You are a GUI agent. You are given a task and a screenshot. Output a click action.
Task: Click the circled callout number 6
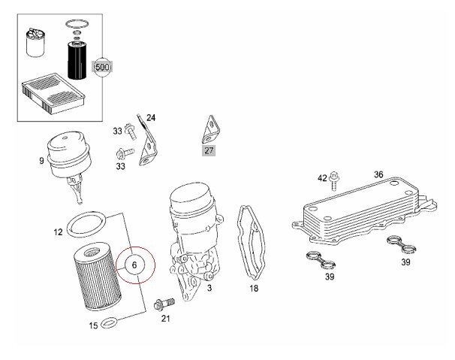click(134, 265)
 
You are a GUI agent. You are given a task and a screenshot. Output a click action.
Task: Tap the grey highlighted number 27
click(209, 150)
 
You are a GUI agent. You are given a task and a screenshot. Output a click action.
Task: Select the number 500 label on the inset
click(102, 68)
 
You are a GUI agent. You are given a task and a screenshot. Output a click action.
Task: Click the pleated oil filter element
click(98, 277)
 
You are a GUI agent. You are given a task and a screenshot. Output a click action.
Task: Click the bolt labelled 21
click(164, 304)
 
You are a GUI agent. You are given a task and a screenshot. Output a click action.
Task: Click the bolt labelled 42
click(335, 180)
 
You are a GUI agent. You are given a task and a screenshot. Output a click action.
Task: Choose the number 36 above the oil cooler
click(378, 174)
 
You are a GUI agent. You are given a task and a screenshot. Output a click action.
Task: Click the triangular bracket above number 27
click(211, 130)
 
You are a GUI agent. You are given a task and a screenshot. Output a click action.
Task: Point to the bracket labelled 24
click(147, 141)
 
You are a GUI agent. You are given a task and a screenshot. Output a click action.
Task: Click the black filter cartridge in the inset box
click(77, 60)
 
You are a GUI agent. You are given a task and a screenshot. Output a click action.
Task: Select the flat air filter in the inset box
click(53, 93)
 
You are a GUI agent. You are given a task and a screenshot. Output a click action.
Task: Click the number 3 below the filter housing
click(209, 288)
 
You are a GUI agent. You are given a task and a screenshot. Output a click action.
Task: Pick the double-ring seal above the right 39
click(402, 244)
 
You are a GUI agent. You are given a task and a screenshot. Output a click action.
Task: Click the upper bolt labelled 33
click(131, 132)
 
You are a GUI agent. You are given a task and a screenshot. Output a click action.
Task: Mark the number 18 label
click(254, 289)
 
